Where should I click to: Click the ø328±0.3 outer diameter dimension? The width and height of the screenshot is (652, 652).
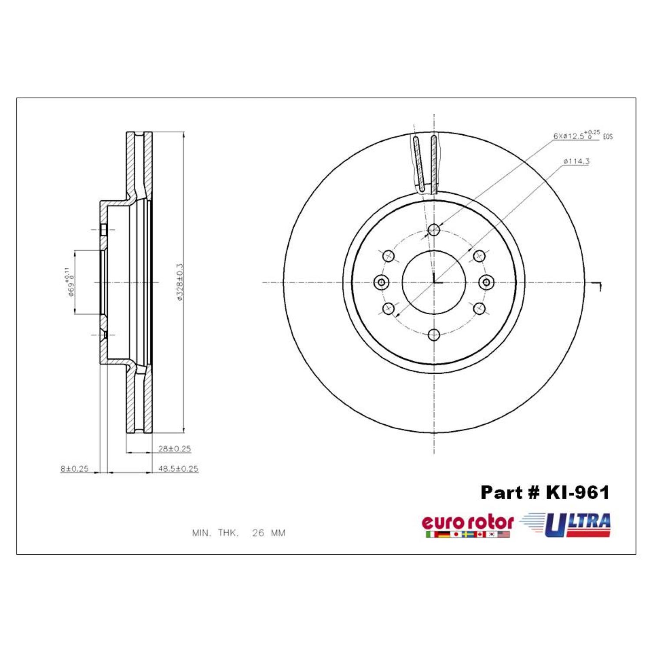(x=179, y=282)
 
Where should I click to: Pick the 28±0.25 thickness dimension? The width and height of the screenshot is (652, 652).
(x=174, y=449)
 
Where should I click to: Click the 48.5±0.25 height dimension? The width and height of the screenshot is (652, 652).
(x=178, y=469)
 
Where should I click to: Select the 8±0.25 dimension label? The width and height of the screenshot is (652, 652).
(x=74, y=469)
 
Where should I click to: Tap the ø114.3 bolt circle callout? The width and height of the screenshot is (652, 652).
(x=576, y=161)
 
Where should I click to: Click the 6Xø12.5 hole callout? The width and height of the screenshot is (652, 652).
(x=583, y=135)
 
